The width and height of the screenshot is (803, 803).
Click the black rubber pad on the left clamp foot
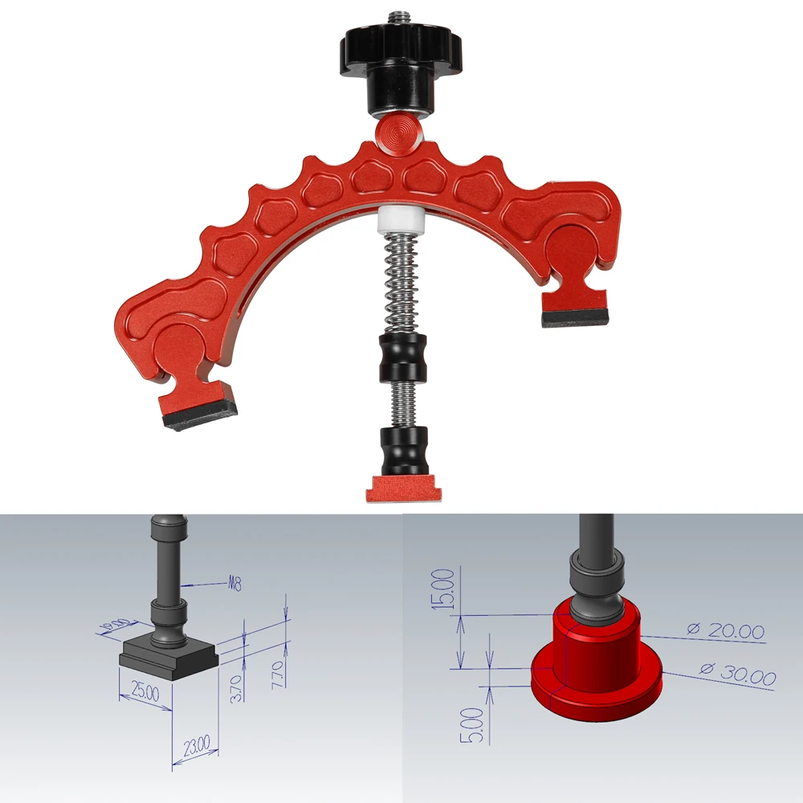tap(198, 420)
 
